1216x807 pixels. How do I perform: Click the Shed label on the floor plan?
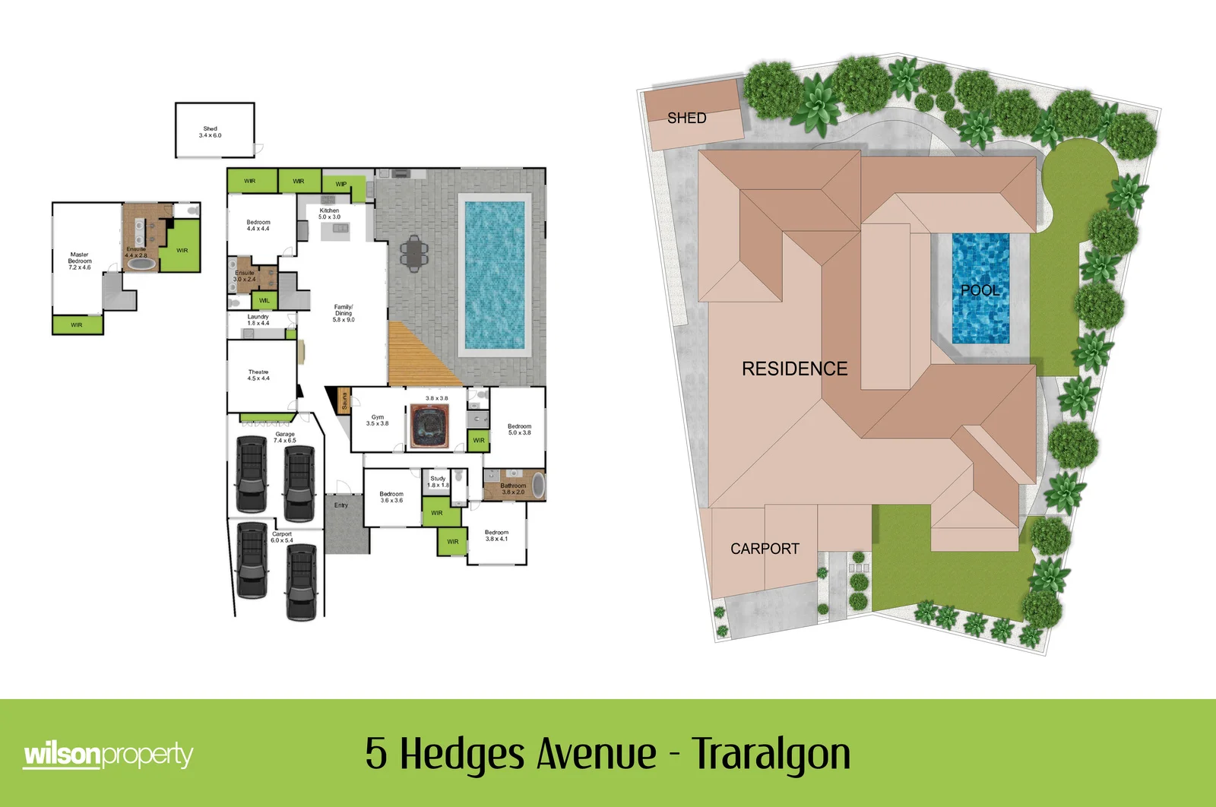pos(211,132)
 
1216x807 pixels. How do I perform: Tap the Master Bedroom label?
pos(80,261)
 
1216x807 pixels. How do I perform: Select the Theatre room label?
pos(258,375)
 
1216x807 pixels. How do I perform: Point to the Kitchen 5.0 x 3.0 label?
pos(329,214)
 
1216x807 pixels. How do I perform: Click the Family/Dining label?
pos(344,313)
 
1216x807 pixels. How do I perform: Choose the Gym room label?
pos(378,420)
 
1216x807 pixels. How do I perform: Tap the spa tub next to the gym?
pos(430,426)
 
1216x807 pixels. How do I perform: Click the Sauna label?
pos(344,400)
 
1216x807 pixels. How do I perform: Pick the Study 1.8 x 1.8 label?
pos(438,482)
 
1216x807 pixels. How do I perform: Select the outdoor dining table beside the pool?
pos(413,253)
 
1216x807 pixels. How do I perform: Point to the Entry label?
pos(341,505)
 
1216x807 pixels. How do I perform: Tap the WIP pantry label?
pos(341,184)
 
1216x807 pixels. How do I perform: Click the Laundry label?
pos(258,320)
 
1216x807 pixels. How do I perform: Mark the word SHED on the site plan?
pos(687,118)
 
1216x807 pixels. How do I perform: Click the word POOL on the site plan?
pos(980,290)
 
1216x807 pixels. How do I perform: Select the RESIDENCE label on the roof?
pos(794,369)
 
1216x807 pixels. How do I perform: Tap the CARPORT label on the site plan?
pos(765,549)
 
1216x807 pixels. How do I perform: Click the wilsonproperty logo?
pos(108,755)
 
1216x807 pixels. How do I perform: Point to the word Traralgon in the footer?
pos(771,753)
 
